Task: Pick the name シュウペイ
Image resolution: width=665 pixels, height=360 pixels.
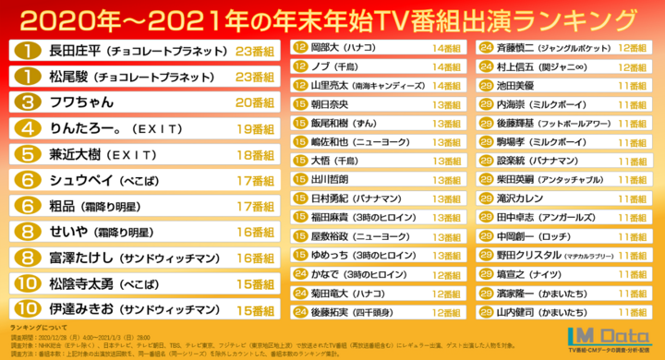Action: tap(79, 181)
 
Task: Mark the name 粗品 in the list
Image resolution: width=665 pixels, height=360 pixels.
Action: tap(64, 207)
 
